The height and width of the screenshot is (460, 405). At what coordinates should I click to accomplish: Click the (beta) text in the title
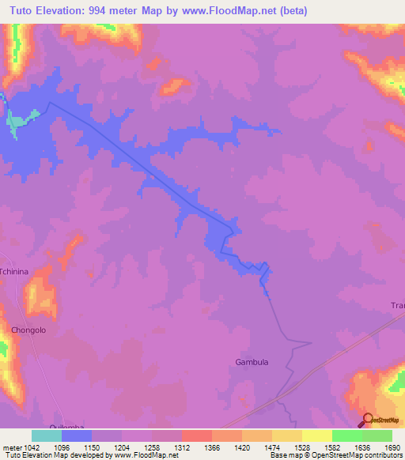290,11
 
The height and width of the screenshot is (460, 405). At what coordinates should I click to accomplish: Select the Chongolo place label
29,330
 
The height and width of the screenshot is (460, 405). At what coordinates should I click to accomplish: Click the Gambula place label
252,362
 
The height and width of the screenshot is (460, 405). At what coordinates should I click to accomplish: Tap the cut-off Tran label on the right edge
396,305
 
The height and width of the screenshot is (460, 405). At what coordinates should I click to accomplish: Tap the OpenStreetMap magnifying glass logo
366,419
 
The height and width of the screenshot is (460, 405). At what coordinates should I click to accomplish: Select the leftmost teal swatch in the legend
47,435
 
